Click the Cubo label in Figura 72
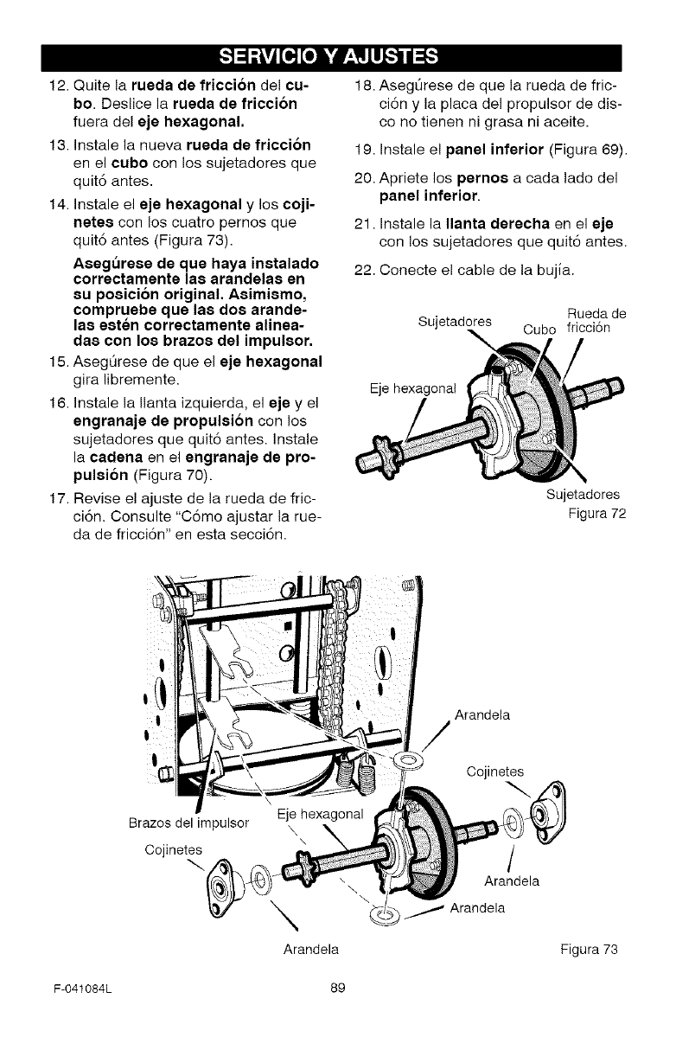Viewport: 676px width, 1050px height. (540, 328)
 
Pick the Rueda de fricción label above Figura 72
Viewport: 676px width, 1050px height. (596, 320)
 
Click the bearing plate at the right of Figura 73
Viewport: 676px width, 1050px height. (548, 812)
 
